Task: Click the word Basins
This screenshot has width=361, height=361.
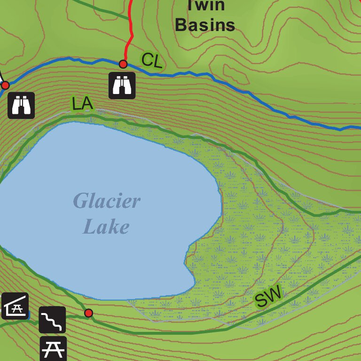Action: coord(205,25)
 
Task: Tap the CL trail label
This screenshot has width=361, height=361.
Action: coord(151,60)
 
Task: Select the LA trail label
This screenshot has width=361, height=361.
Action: coord(82,103)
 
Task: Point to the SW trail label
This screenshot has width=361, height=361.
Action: coord(268,297)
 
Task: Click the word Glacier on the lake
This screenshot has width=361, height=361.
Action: coord(107,202)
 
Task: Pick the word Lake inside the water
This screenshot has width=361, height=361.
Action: coord(106,227)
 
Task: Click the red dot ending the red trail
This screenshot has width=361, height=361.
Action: coord(123,64)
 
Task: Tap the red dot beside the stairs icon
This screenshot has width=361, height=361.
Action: coord(88,313)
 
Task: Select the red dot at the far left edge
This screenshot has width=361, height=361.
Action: coord(5,85)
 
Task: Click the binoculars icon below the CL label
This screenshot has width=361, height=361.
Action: coord(122,85)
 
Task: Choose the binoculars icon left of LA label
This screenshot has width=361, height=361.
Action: coord(21,105)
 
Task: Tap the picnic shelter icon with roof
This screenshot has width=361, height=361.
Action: coord(15,306)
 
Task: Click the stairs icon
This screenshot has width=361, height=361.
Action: coord(52,320)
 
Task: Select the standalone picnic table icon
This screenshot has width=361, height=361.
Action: coord(53,348)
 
